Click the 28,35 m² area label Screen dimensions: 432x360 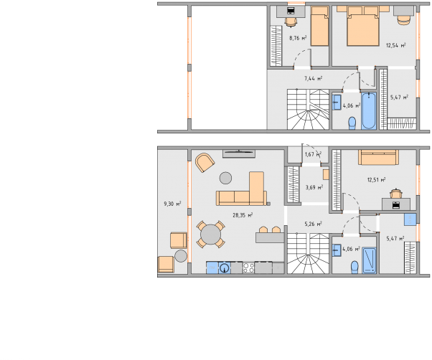pyautogui.click(x=243, y=215)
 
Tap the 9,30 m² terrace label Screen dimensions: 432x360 pyautogui.click(x=172, y=204)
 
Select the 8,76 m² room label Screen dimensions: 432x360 pyautogui.click(x=298, y=38)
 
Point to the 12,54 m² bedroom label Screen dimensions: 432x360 pyautogui.click(x=396, y=45)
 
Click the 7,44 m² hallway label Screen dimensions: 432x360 pyautogui.click(x=314, y=78)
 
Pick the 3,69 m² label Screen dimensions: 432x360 pyautogui.click(x=314, y=187)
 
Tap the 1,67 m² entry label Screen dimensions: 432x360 pyautogui.click(x=313, y=154)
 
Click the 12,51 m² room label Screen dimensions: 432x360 pyautogui.click(x=376, y=180)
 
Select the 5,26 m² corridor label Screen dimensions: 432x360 pyautogui.click(x=314, y=224)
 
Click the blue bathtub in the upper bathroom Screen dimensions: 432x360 pyautogui.click(x=369, y=111)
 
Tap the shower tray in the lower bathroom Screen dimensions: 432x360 pyautogui.click(x=369, y=260)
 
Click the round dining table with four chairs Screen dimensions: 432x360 pyautogui.click(x=211, y=235)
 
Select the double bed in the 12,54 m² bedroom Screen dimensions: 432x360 pyautogui.click(x=363, y=26)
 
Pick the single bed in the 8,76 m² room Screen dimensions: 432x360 pyautogui.click(x=319, y=26)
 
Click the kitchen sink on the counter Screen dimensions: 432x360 pyautogui.click(x=225, y=267)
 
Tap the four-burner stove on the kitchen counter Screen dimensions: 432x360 pyautogui.click(x=248, y=267)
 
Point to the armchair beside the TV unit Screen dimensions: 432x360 pyautogui.click(x=205, y=162)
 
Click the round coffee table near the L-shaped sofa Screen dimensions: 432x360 pyautogui.click(x=225, y=178)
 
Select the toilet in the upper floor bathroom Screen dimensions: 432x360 pyautogui.click(x=352, y=123)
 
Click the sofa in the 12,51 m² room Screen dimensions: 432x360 pyautogui.click(x=379, y=157)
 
